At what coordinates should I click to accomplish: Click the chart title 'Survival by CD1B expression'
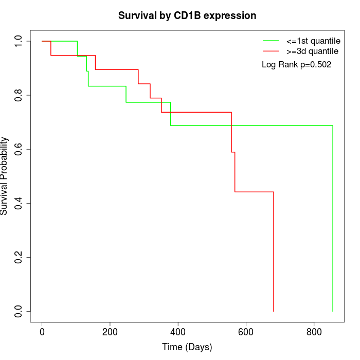187,15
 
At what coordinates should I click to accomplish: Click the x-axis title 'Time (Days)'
187,347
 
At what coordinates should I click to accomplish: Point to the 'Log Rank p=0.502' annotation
296,65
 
